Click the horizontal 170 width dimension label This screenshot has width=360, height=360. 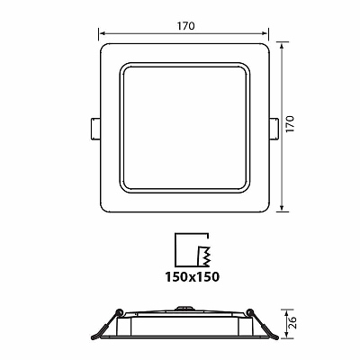point(185,26)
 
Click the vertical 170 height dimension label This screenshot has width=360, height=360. point(290,123)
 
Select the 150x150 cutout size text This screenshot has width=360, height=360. point(193,276)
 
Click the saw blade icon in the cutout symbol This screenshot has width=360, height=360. point(203,256)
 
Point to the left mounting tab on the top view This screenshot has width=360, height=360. point(95,129)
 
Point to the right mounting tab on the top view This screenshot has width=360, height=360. point(274,129)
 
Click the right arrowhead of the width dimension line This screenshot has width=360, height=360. point(265,33)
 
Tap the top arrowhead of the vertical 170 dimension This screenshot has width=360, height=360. point(282,46)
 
